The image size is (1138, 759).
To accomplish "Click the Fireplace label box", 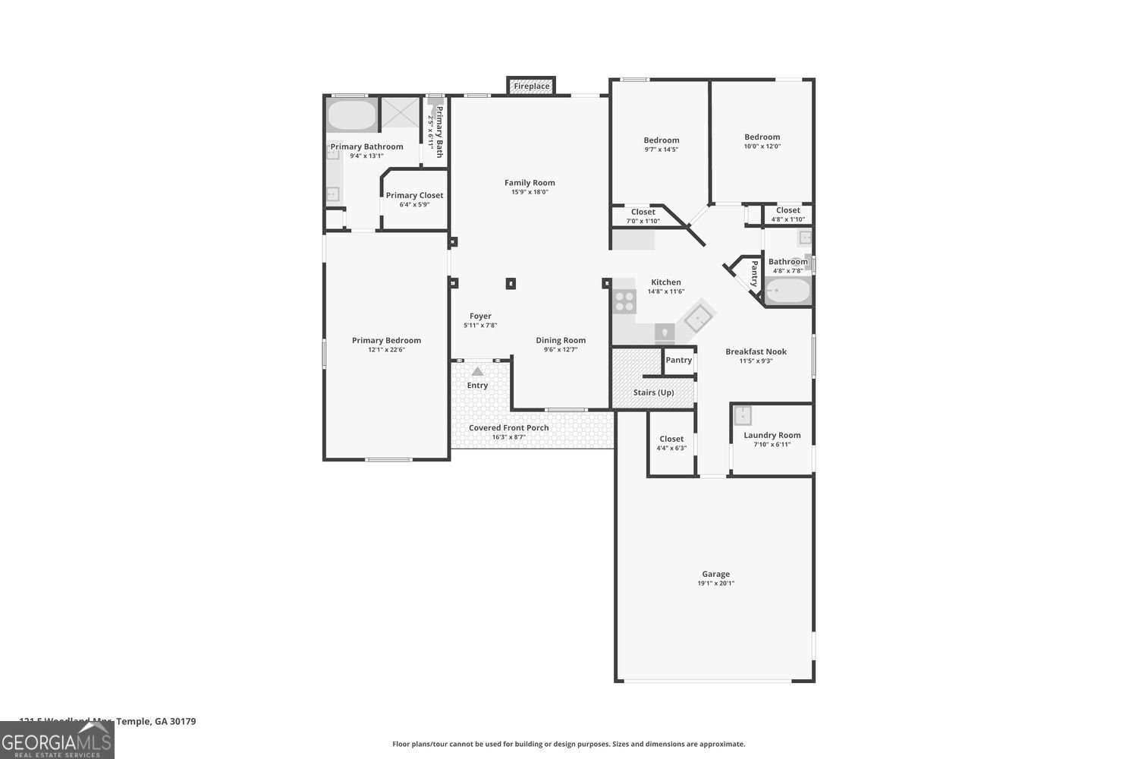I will (x=531, y=87).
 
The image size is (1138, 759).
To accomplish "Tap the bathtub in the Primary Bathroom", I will (x=351, y=115).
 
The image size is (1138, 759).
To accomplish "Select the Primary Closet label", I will (x=414, y=195).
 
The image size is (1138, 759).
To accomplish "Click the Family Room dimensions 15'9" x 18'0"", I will (x=530, y=192).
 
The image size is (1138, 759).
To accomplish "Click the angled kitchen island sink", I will (x=699, y=318).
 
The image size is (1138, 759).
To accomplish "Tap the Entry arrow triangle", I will (x=477, y=371).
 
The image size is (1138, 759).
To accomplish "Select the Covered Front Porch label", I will (x=508, y=428).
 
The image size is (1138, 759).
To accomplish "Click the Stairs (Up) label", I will (x=653, y=392).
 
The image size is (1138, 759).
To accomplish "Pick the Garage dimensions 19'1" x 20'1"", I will (x=715, y=584).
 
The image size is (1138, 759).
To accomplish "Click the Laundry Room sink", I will (x=742, y=415).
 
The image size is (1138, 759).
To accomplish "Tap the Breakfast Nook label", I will (x=756, y=351).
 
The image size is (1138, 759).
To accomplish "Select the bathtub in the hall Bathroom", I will (x=787, y=291).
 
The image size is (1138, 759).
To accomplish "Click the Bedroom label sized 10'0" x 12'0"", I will (x=762, y=137).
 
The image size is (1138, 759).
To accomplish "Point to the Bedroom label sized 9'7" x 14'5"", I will (x=661, y=140).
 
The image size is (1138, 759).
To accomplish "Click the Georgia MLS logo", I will (x=57, y=740).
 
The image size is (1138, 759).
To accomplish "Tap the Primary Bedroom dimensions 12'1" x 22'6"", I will (x=386, y=350).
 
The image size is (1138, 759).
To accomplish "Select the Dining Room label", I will (x=561, y=340).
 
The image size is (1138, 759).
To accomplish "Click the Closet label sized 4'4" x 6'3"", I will (x=671, y=439).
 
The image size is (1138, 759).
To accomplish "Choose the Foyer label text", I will (x=480, y=316).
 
